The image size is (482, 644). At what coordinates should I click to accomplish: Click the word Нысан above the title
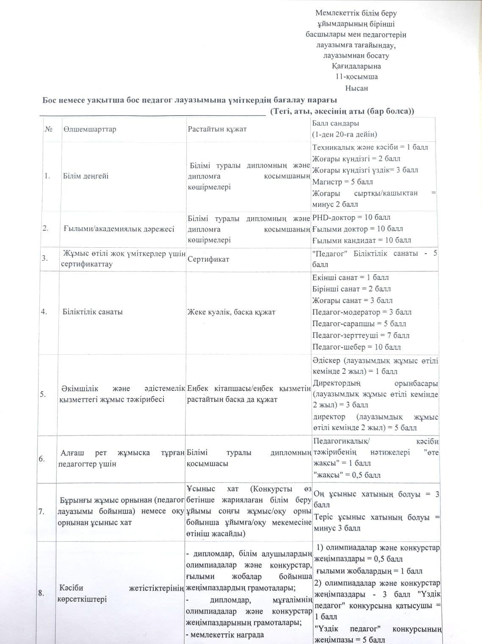(357, 88)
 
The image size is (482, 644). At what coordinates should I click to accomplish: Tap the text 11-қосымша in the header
(356, 77)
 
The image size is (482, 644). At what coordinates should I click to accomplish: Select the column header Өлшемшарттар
(89, 129)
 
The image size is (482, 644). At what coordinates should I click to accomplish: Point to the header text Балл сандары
(335, 123)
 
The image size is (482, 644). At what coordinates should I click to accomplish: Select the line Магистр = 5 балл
(343, 182)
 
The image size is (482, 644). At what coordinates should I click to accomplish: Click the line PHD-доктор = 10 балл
(351, 218)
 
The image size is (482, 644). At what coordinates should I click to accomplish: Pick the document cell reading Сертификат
(205, 259)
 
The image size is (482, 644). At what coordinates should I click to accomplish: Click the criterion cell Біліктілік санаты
(93, 312)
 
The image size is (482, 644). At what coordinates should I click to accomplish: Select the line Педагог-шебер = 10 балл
(357, 347)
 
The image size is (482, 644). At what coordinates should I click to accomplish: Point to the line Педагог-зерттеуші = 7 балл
(361, 335)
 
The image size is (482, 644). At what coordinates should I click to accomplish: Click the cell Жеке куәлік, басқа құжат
(231, 312)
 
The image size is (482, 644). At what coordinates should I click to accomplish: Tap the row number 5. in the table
(43, 394)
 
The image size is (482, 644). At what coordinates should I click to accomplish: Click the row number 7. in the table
(42, 511)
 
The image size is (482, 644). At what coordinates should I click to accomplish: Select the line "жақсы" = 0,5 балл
(346, 475)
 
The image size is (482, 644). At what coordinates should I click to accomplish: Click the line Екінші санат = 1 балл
(351, 278)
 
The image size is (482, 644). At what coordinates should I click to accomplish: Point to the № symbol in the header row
(48, 129)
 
